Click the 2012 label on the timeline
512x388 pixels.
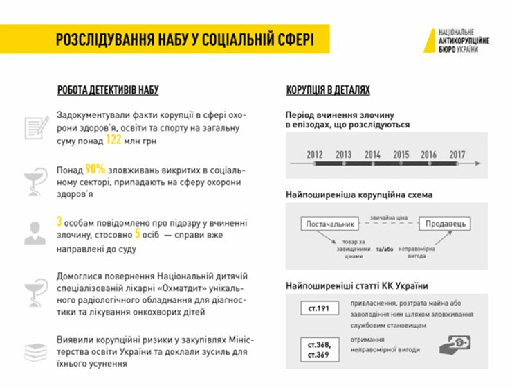point(315,155)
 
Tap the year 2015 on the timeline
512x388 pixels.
point(401,155)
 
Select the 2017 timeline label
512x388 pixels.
point(457,155)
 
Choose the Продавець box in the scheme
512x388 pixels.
point(446,223)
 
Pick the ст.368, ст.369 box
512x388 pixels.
point(318,349)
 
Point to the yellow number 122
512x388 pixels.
point(113,140)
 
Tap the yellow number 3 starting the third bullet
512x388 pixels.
point(60,222)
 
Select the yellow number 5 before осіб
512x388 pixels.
point(137,233)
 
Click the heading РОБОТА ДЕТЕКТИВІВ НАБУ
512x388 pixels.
point(108,90)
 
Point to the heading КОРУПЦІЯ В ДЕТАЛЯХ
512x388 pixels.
point(328,90)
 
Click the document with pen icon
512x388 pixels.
point(36,127)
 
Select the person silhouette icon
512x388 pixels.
point(35,233)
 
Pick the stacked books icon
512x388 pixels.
point(35,351)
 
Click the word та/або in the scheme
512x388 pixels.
point(385,248)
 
